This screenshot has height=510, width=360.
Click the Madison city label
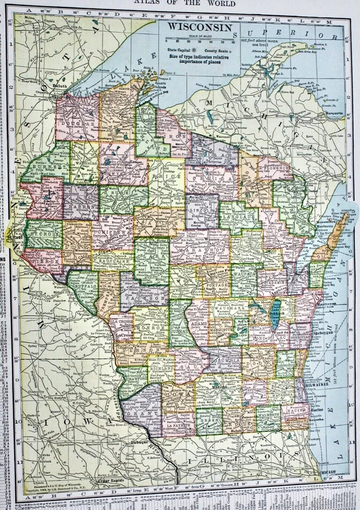click(x=219, y=387)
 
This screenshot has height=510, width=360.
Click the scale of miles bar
click(x=199, y=39)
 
